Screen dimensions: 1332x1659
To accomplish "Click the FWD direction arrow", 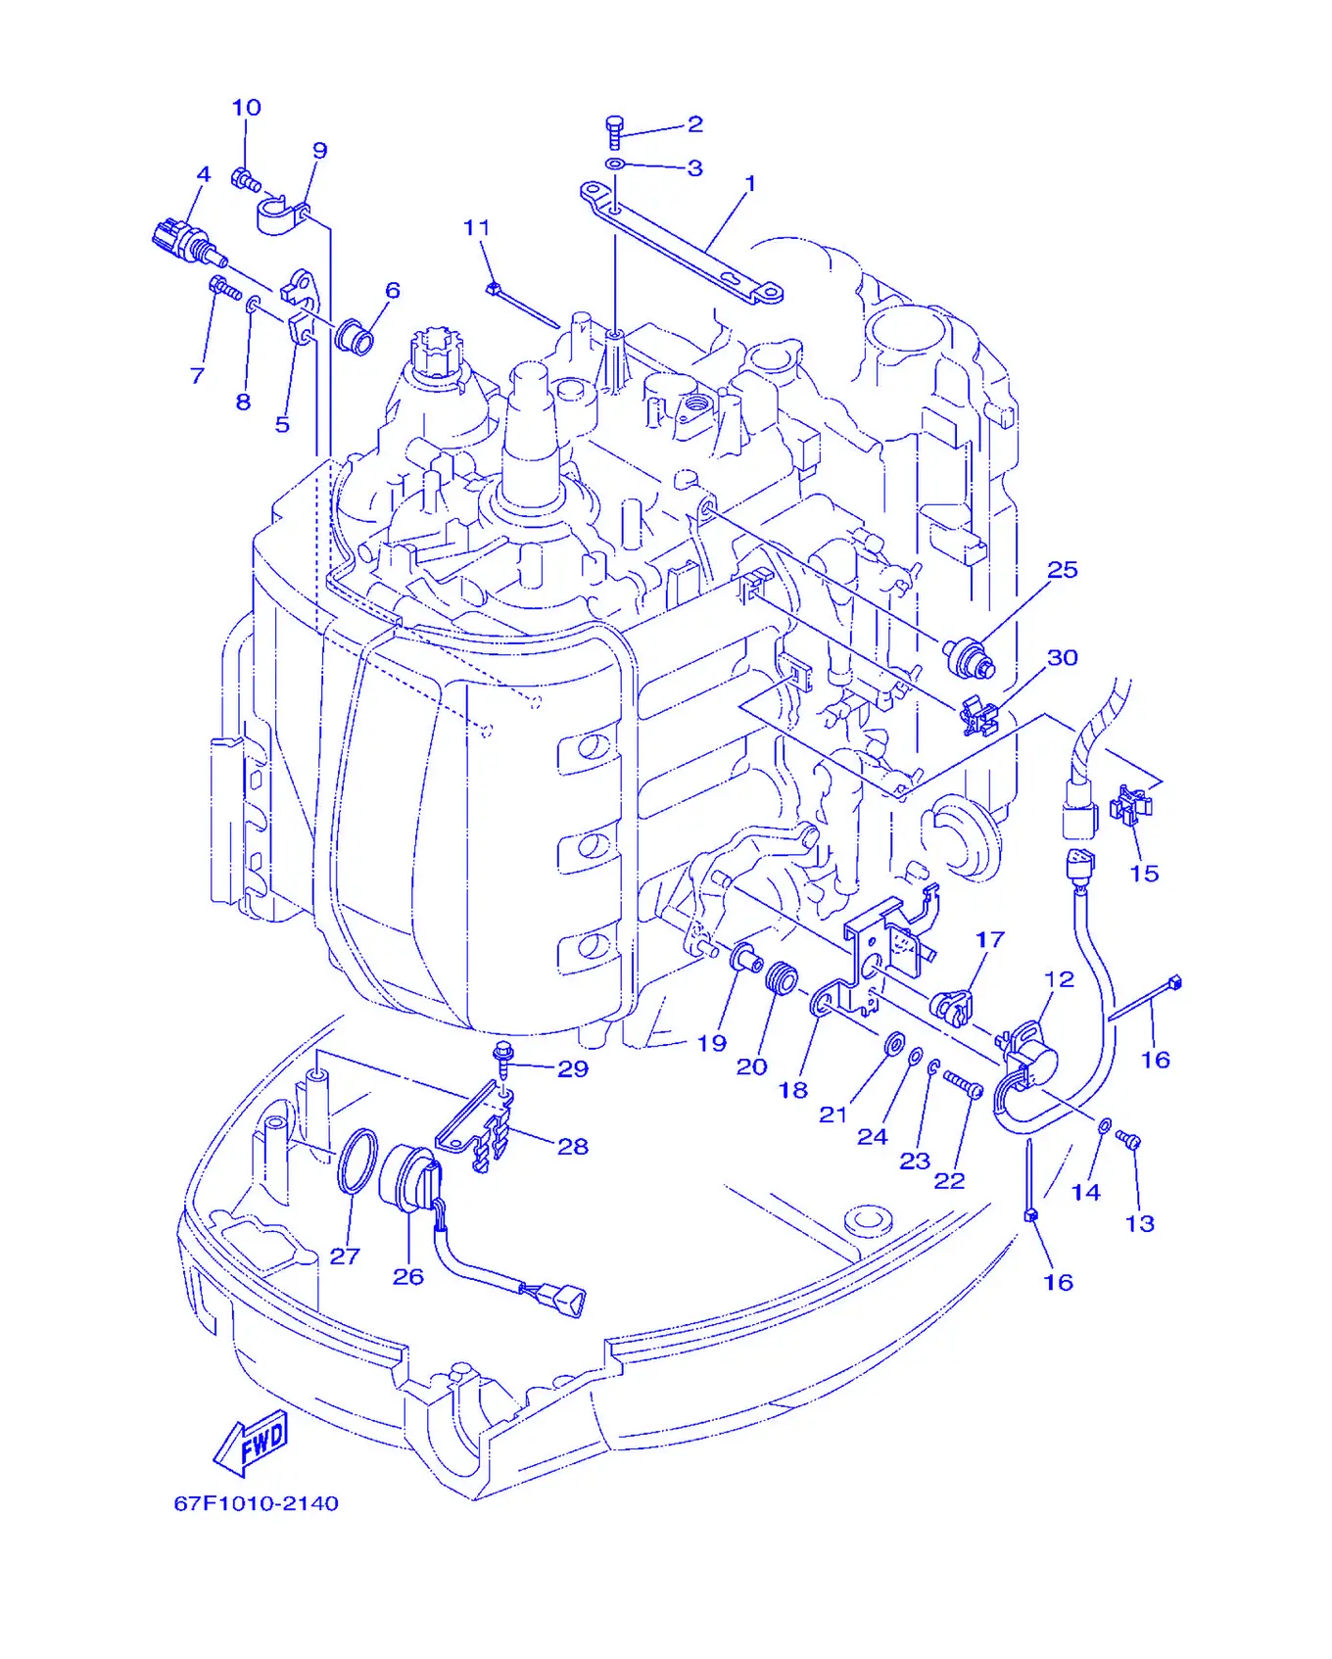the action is click(x=252, y=1443).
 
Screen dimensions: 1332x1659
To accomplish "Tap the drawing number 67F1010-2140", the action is click(x=257, y=1503).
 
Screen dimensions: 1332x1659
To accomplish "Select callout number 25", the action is click(x=1063, y=570).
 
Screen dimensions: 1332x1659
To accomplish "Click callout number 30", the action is click(x=1063, y=658).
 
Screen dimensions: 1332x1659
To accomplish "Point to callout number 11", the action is click(x=476, y=228).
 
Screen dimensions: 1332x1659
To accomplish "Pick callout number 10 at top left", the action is click(x=246, y=108).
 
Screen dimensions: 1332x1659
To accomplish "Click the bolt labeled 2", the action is click(x=615, y=132).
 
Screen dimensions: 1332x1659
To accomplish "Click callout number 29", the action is click(x=573, y=1068).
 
